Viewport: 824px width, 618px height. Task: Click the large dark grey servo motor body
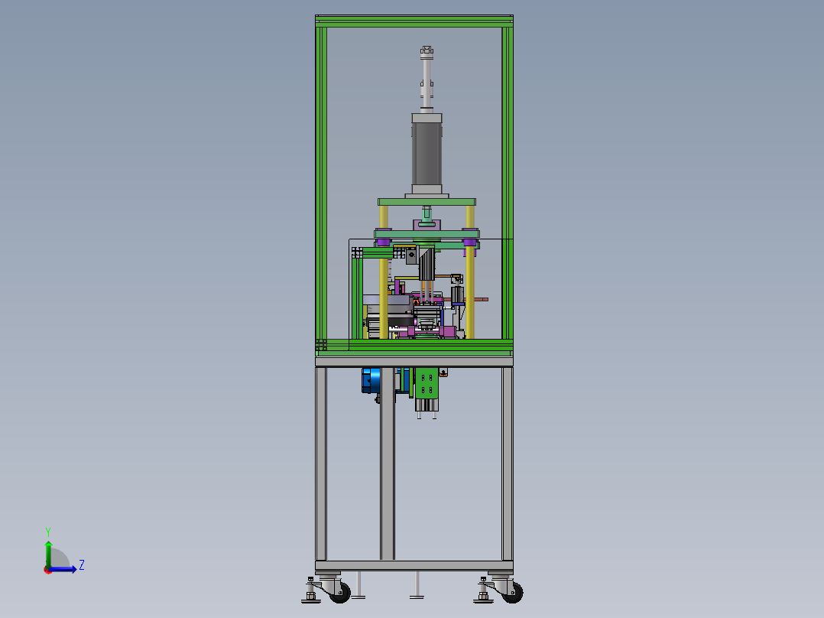[x=427, y=154]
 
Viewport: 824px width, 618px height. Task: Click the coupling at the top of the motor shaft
[x=427, y=50]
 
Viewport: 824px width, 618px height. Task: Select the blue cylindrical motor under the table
[x=371, y=380]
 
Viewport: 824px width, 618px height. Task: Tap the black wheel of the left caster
[x=342, y=593]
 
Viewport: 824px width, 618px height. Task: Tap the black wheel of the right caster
[x=514, y=593]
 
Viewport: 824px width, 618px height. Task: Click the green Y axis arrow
[x=48, y=554]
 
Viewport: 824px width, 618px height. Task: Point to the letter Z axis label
[x=82, y=565]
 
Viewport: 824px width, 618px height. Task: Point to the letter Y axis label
[x=48, y=532]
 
